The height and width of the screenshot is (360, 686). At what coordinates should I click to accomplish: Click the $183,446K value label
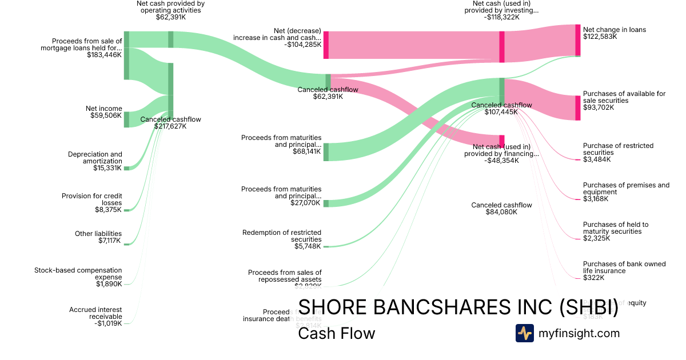point(105,55)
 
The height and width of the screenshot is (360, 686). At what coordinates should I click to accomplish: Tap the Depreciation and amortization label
point(95,158)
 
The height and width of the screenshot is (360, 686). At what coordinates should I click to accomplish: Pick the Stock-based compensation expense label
point(78,273)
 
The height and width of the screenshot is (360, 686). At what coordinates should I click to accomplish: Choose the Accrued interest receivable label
point(95,313)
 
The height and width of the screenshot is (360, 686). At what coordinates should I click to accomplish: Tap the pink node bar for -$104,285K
point(326,45)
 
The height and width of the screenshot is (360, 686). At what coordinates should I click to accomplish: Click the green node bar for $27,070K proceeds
point(326,203)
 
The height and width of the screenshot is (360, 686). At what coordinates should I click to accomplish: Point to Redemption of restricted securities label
point(282,235)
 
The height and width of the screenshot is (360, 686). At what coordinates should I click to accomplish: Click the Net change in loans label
point(615,30)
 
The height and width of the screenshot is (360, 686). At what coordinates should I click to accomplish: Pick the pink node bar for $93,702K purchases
point(577,107)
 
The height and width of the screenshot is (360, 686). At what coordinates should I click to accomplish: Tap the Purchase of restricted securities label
point(618,149)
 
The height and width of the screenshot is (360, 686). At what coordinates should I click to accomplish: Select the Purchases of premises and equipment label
point(626,189)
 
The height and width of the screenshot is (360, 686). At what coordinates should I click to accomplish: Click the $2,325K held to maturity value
point(596,238)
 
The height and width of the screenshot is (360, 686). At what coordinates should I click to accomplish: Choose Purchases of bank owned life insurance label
point(624,267)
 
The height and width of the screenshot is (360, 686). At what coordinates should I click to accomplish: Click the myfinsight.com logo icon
point(524,333)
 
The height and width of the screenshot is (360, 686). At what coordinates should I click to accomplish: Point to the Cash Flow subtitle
point(337,334)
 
